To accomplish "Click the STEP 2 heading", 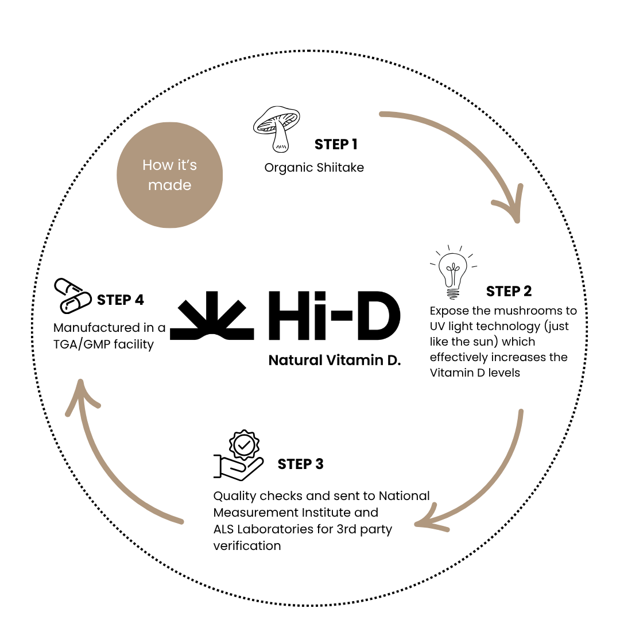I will click(509, 292).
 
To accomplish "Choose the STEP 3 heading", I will click(300, 464).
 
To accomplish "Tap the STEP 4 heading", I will click(121, 300).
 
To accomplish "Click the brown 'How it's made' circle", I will click(170, 175).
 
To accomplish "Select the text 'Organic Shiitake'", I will click(314, 168).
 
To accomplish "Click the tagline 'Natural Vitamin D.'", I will click(335, 361).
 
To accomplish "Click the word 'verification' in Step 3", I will click(247, 545).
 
